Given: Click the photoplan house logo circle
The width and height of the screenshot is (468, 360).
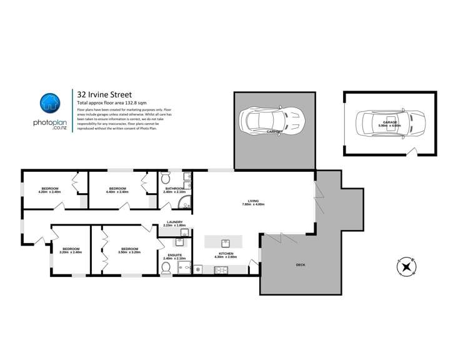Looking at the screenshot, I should (50, 103).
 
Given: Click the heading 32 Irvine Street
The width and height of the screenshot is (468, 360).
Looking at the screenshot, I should (104, 94).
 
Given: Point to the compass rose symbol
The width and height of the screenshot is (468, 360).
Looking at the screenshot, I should (407, 267).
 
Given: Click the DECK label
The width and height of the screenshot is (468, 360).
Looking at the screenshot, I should (301, 265).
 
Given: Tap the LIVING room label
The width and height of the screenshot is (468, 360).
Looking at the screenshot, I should (253, 202).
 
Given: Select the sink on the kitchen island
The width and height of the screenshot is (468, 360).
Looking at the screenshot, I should (226, 242).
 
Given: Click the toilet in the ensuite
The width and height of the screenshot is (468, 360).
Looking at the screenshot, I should (166, 269).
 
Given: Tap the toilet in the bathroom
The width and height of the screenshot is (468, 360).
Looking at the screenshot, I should (166, 177).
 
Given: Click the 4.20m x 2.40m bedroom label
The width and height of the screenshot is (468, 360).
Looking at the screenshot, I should (50, 190).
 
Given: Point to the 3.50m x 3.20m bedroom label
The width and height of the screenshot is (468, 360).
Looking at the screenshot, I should (129, 250).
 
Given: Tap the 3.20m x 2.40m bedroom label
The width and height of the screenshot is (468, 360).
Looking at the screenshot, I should (70, 250).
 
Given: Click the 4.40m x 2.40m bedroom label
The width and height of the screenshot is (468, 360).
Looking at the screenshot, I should (118, 190).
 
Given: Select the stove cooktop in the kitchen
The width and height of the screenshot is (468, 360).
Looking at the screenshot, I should (222, 270).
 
